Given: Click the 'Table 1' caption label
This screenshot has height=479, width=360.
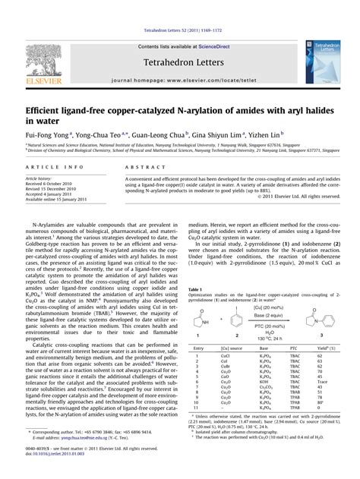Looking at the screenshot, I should point(195,289).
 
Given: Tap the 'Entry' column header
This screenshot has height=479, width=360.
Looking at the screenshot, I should point(200,348).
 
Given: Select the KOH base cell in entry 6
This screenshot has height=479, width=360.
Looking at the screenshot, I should point(261,383).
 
